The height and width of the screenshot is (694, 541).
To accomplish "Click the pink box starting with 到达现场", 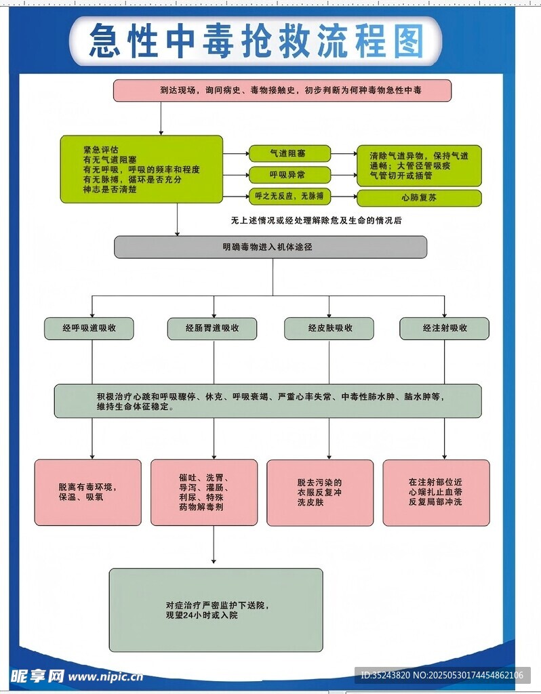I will (282, 90).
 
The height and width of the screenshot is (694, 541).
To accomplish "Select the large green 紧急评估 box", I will (142, 169).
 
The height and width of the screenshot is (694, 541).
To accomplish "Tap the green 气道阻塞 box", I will (289, 153).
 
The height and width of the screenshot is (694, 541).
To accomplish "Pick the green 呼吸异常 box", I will (289, 175).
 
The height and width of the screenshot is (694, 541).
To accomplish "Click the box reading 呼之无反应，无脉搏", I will (289, 197).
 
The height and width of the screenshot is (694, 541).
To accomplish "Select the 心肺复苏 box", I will (419, 198).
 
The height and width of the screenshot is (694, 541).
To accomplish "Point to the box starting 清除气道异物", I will (419, 165).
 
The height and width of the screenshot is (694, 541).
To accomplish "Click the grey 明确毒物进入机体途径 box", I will (270, 247).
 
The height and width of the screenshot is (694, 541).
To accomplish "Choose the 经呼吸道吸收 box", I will (89, 328).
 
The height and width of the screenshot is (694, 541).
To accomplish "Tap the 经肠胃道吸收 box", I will (212, 328).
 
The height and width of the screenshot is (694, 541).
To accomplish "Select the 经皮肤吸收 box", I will (329, 328).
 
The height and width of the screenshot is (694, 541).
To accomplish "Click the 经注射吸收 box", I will (444, 328).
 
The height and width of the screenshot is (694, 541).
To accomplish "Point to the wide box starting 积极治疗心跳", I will (268, 401).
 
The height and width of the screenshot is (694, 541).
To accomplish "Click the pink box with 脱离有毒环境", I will (88, 492).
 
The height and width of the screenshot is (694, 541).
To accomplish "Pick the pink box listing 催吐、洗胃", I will (204, 492).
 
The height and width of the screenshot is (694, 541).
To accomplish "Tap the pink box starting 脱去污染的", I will (320, 492).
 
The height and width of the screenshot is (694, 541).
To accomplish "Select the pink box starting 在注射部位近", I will (436, 492).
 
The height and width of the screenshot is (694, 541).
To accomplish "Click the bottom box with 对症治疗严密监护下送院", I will (216, 610).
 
